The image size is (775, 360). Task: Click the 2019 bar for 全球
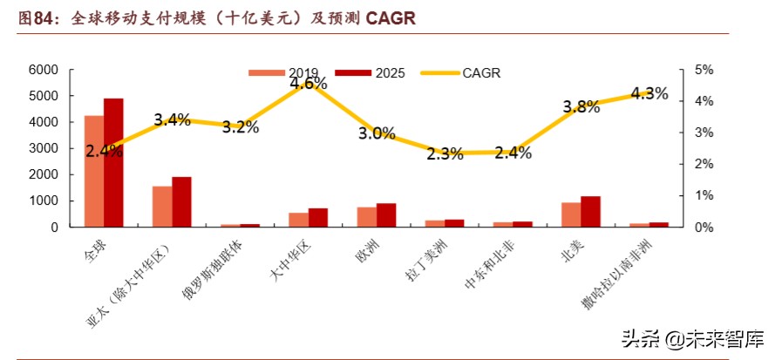(93, 171)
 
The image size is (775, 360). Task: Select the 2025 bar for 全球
(113, 163)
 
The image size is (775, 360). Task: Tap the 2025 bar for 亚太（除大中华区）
(181, 202)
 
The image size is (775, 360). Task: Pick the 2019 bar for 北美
(571, 214)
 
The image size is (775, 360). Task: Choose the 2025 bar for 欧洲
(386, 215)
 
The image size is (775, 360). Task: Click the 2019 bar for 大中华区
(298, 220)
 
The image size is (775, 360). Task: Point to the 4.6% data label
(309, 84)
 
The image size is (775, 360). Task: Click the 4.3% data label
(649, 93)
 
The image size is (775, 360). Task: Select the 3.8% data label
(581, 107)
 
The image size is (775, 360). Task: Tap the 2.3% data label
(445, 154)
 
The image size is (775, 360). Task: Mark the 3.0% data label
(377, 133)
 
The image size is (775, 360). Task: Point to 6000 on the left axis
(44, 70)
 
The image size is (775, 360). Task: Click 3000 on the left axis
(44, 148)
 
